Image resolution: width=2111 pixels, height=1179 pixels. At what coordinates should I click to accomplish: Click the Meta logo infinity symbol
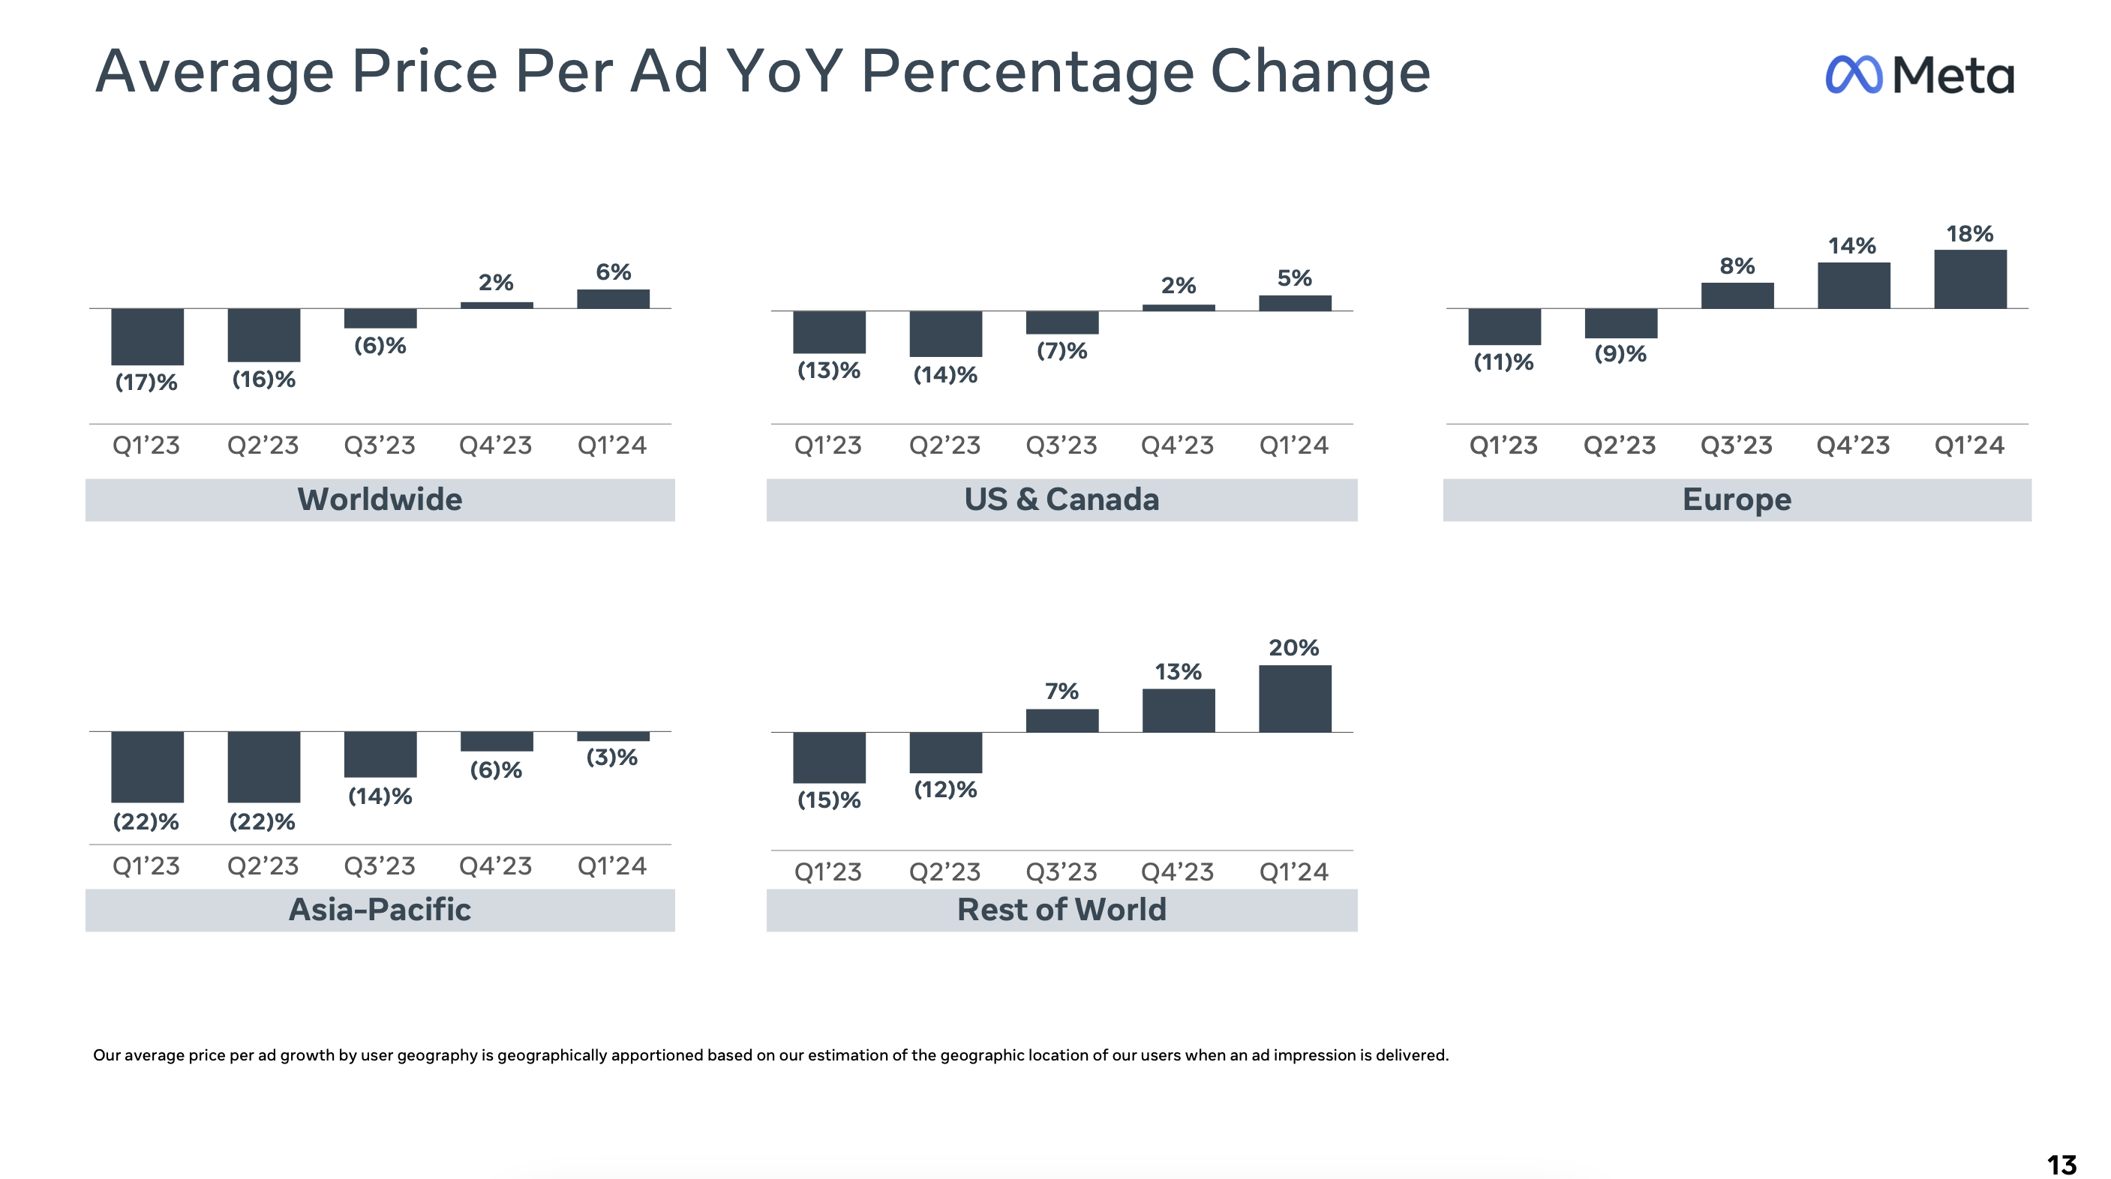[1854, 76]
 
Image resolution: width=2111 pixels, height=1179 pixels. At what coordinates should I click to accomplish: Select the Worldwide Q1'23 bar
[148, 337]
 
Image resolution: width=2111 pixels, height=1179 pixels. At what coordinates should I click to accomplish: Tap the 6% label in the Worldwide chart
[613, 272]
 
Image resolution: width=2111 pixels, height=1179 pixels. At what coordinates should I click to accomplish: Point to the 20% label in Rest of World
[1294, 648]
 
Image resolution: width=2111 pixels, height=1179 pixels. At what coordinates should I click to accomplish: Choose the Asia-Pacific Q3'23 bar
[380, 754]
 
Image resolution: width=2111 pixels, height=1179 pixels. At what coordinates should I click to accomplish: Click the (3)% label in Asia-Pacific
[612, 757]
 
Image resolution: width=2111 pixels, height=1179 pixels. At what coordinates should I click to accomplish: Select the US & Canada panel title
[1062, 499]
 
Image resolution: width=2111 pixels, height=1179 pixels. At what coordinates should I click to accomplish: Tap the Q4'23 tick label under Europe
[1853, 445]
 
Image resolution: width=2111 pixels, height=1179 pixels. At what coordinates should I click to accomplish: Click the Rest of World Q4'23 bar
[1179, 710]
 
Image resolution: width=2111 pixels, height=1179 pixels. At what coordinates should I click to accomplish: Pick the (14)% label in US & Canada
[946, 375]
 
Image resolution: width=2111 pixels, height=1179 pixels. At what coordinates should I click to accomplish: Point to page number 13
[2061, 1164]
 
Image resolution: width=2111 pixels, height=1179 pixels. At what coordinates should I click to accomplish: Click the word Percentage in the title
[1028, 72]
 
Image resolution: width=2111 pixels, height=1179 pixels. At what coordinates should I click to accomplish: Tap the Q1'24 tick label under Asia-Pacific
[612, 866]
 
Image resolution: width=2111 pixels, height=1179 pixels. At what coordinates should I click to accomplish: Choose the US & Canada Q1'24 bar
[1295, 303]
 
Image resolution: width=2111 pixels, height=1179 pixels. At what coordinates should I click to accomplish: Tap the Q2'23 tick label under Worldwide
[263, 445]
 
